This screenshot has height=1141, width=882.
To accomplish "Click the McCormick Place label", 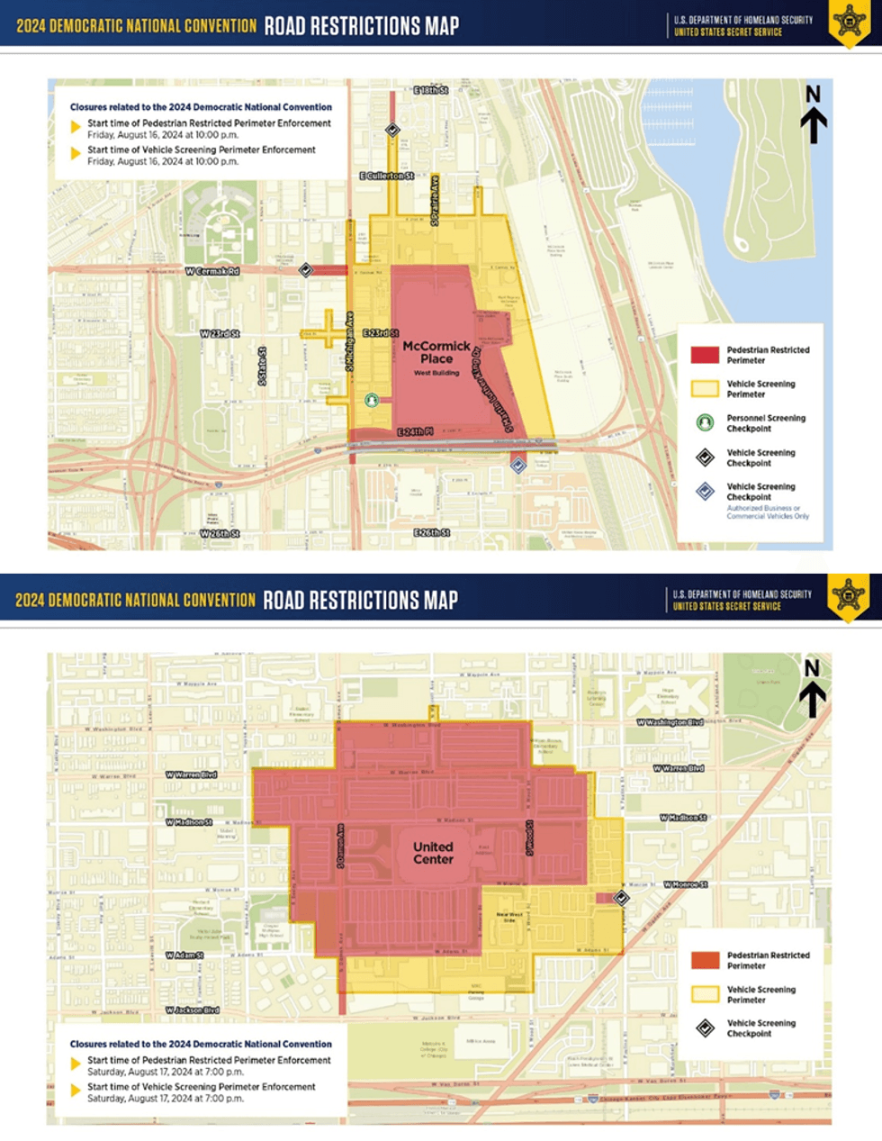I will (x=436, y=352).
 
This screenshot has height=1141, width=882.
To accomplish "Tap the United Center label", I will (x=433, y=853).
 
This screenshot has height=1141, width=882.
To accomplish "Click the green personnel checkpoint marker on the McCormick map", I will (x=372, y=400).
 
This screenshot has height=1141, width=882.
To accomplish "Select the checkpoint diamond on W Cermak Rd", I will (x=306, y=269).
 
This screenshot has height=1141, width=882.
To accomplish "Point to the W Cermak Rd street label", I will (x=212, y=271).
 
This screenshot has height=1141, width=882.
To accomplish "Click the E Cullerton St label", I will (x=387, y=176).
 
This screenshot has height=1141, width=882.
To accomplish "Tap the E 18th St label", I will (x=430, y=91).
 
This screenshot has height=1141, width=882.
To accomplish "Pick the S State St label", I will (x=263, y=367).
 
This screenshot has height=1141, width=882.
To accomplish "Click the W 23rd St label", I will (x=220, y=334).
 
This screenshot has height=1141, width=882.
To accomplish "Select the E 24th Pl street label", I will (x=416, y=433).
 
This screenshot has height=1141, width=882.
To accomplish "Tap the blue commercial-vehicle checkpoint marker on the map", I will (x=518, y=465).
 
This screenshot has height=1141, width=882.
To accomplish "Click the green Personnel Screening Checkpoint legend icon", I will (x=705, y=422).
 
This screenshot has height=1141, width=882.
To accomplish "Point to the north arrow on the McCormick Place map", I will (x=813, y=115).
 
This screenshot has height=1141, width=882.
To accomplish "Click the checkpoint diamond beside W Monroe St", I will (x=621, y=898).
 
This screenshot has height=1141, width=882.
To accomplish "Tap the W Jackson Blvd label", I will (x=193, y=1010).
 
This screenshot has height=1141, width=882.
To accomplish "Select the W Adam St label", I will (x=184, y=955).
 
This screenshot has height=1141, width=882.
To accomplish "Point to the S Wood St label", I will (x=531, y=838).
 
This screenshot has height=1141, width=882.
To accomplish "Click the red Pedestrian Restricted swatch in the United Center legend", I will (x=705, y=960).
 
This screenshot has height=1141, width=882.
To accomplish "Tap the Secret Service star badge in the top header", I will (x=848, y=21).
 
